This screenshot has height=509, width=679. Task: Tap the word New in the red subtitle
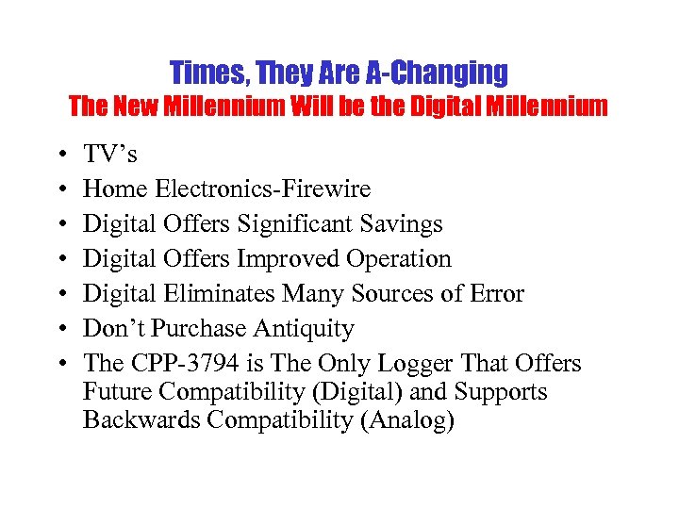137,107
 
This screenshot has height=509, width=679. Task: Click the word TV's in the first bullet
110,155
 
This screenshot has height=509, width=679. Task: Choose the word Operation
399,259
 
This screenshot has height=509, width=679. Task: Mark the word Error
495,294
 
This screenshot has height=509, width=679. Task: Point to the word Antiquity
309,329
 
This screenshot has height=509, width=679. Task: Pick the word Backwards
141,419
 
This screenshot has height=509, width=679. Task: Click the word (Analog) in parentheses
407,419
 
